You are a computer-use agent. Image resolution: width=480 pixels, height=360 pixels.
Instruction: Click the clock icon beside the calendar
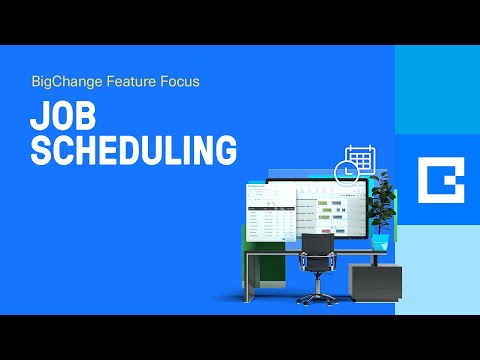tap(341, 172)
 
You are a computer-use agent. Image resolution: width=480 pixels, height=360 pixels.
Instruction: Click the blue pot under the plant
tap(380, 241)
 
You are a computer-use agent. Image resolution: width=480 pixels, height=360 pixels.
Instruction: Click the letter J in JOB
tap(37, 116)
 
